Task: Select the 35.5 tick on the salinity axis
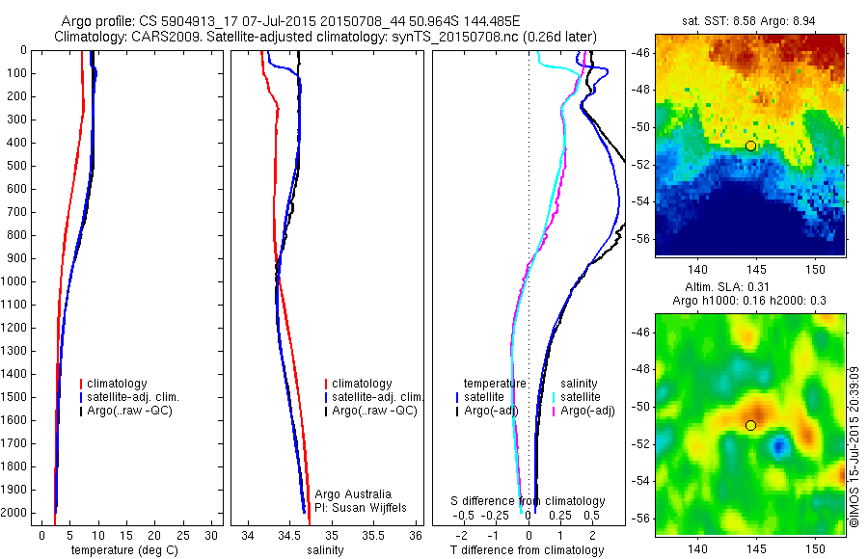tap(374, 534)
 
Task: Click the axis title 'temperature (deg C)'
tap(122, 550)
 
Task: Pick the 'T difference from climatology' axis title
tap(527, 550)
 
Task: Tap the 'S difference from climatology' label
tap(529, 501)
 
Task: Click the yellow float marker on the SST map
tap(750, 146)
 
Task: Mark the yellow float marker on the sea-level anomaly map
tap(750, 425)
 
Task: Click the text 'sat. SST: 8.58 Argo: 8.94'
tap(749, 20)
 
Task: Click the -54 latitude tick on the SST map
tap(641, 201)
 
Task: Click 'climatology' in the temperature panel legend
tap(121, 384)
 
